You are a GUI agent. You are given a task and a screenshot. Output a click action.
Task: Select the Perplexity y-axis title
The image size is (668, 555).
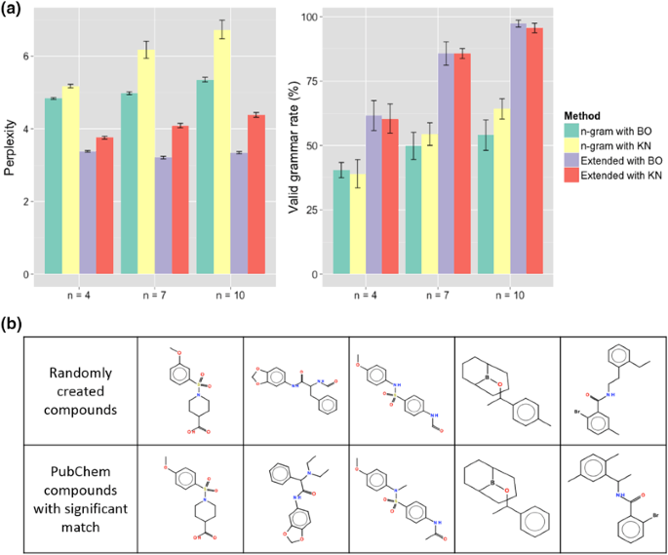(x=9, y=146)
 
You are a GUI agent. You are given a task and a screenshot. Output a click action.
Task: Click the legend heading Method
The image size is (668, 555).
(x=582, y=114)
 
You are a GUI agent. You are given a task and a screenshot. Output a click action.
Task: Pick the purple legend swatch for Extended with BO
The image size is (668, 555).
(x=571, y=160)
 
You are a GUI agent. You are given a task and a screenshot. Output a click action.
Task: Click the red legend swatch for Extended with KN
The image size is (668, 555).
(x=571, y=176)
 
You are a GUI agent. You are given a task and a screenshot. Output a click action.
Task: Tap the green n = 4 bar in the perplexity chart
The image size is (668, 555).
(x=53, y=185)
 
